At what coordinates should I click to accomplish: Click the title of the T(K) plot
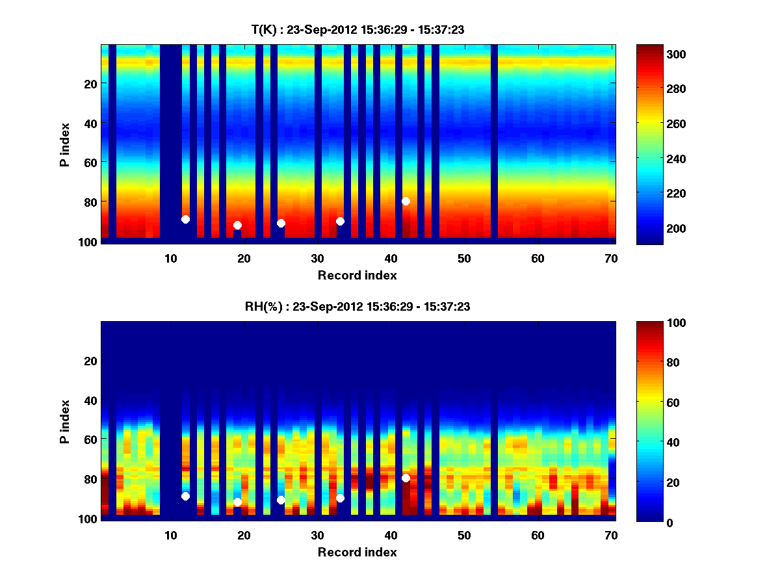click(357, 29)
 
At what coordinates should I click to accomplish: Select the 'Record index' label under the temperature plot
click(357, 275)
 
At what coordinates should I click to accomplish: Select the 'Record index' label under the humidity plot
click(357, 552)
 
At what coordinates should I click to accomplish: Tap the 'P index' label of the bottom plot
click(65, 422)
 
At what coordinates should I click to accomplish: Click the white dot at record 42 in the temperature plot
click(406, 201)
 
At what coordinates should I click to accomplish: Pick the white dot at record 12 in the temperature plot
click(185, 219)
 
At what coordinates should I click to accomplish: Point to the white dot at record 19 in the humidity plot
click(237, 502)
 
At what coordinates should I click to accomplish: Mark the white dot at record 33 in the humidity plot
click(340, 498)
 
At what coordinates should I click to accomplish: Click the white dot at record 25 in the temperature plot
click(281, 223)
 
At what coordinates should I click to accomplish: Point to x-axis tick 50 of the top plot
click(464, 258)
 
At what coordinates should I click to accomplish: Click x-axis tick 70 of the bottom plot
click(611, 535)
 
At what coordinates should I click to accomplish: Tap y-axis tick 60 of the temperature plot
click(90, 162)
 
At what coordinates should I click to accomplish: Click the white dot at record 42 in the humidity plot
click(406, 478)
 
